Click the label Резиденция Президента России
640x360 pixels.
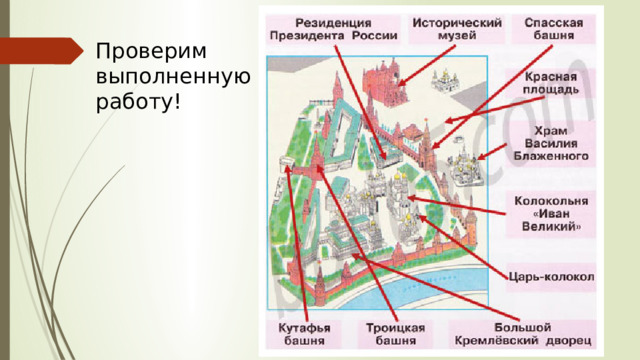click(333, 28)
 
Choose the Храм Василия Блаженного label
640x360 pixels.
click(551, 143)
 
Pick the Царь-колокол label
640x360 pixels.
click(551, 277)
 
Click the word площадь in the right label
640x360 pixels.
click(551, 89)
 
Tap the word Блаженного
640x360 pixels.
click(551, 156)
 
